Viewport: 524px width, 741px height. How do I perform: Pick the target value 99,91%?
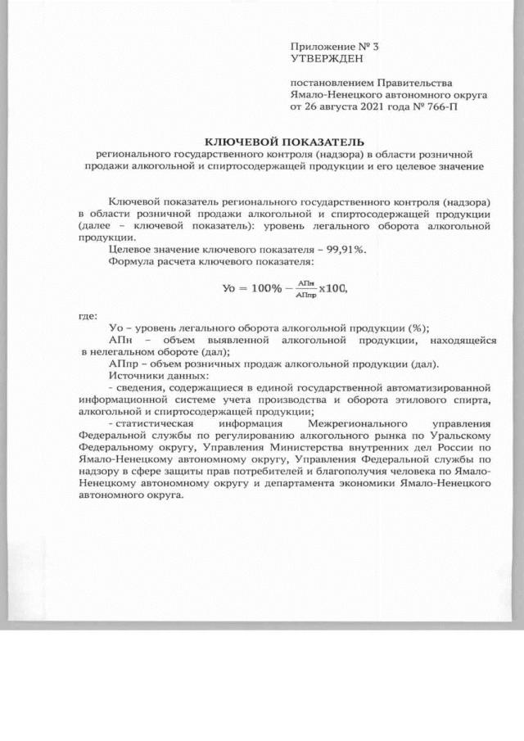(346, 250)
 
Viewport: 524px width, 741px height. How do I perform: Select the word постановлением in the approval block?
(330, 83)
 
